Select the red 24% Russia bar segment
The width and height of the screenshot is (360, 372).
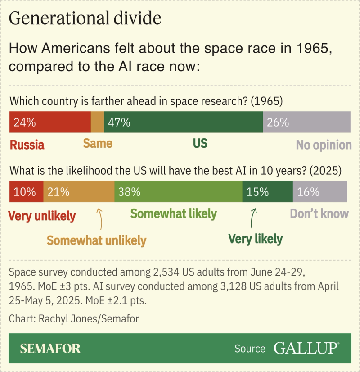[x=50, y=122]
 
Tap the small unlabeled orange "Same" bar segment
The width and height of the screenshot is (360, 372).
[x=97, y=122]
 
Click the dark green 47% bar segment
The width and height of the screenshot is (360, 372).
[x=183, y=122]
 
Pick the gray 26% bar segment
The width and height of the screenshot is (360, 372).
[x=306, y=122]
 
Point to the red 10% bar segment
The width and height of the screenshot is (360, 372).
[x=27, y=192]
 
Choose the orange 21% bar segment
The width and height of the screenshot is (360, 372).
[x=79, y=192]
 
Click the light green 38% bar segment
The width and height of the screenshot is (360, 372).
[x=178, y=192]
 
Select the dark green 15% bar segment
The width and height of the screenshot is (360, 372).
[x=267, y=192]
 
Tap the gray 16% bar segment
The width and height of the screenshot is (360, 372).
[x=320, y=192]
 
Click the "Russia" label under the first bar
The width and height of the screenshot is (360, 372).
[x=27, y=145]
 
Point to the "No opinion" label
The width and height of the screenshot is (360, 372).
[x=324, y=145]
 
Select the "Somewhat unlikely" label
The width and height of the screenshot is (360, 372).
[x=96, y=240]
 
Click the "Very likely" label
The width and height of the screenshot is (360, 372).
[x=255, y=239]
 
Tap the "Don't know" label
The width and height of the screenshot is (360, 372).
[x=319, y=213]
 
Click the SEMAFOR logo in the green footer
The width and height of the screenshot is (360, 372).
[x=50, y=349]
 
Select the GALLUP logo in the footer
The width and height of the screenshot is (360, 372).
[x=306, y=349]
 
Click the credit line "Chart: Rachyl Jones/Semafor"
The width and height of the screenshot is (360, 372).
[x=74, y=318]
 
